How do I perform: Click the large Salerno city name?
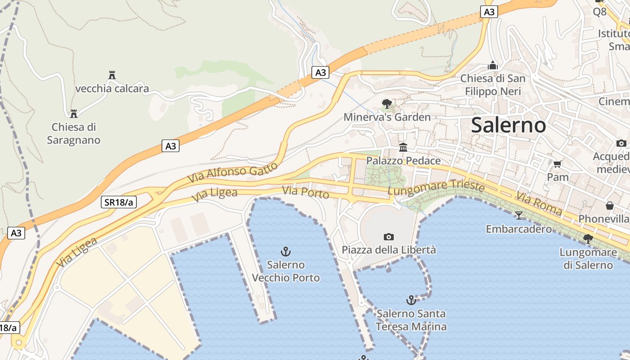[508, 125]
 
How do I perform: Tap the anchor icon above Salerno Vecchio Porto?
[285, 251]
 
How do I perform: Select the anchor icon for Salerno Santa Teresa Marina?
[411, 300]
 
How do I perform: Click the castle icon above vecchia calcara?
[112, 75]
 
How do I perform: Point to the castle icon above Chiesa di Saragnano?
[73, 113]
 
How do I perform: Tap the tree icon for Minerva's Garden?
[387, 104]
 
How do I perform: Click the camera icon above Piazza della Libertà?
[389, 237]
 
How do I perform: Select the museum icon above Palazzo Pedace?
[403, 147]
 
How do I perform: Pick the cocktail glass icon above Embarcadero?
[519, 216]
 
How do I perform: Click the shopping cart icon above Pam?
[558, 164]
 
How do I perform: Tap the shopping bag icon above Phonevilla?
[610, 206]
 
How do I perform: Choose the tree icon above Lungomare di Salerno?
[588, 238]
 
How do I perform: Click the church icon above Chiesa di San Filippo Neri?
[493, 65]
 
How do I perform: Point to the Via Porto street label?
[306, 192]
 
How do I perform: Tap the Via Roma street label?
[539, 203]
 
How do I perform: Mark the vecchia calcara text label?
[112, 88]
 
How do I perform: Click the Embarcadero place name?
[519, 229]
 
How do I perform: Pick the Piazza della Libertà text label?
[389, 250]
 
